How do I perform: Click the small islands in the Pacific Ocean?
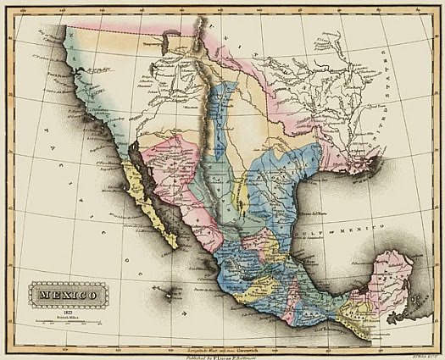pos(173,291)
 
